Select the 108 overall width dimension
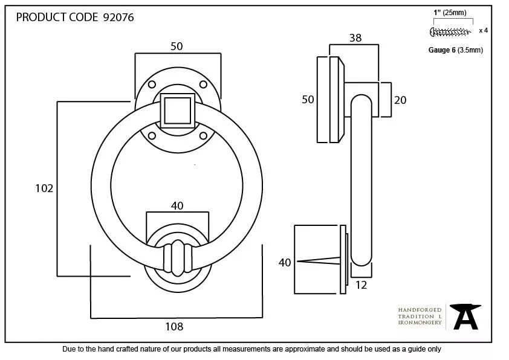click(x=174, y=327)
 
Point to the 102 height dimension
click(x=44, y=188)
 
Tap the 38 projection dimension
click(x=355, y=38)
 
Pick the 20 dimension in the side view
click(x=400, y=100)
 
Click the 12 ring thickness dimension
click(x=361, y=285)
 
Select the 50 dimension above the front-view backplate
click(x=177, y=47)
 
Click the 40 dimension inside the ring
click(x=177, y=206)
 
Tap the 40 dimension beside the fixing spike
click(x=285, y=262)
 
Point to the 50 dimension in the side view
click(x=308, y=100)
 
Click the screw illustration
click(x=451, y=31)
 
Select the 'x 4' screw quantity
click(x=483, y=30)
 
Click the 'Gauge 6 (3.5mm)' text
click(x=455, y=50)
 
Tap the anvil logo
click(x=465, y=316)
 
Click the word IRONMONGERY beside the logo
click(x=420, y=323)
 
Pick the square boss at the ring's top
click(x=177, y=110)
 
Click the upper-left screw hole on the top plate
click(x=152, y=84)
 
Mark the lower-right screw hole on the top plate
click(x=203, y=135)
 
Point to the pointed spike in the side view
click(x=320, y=262)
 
